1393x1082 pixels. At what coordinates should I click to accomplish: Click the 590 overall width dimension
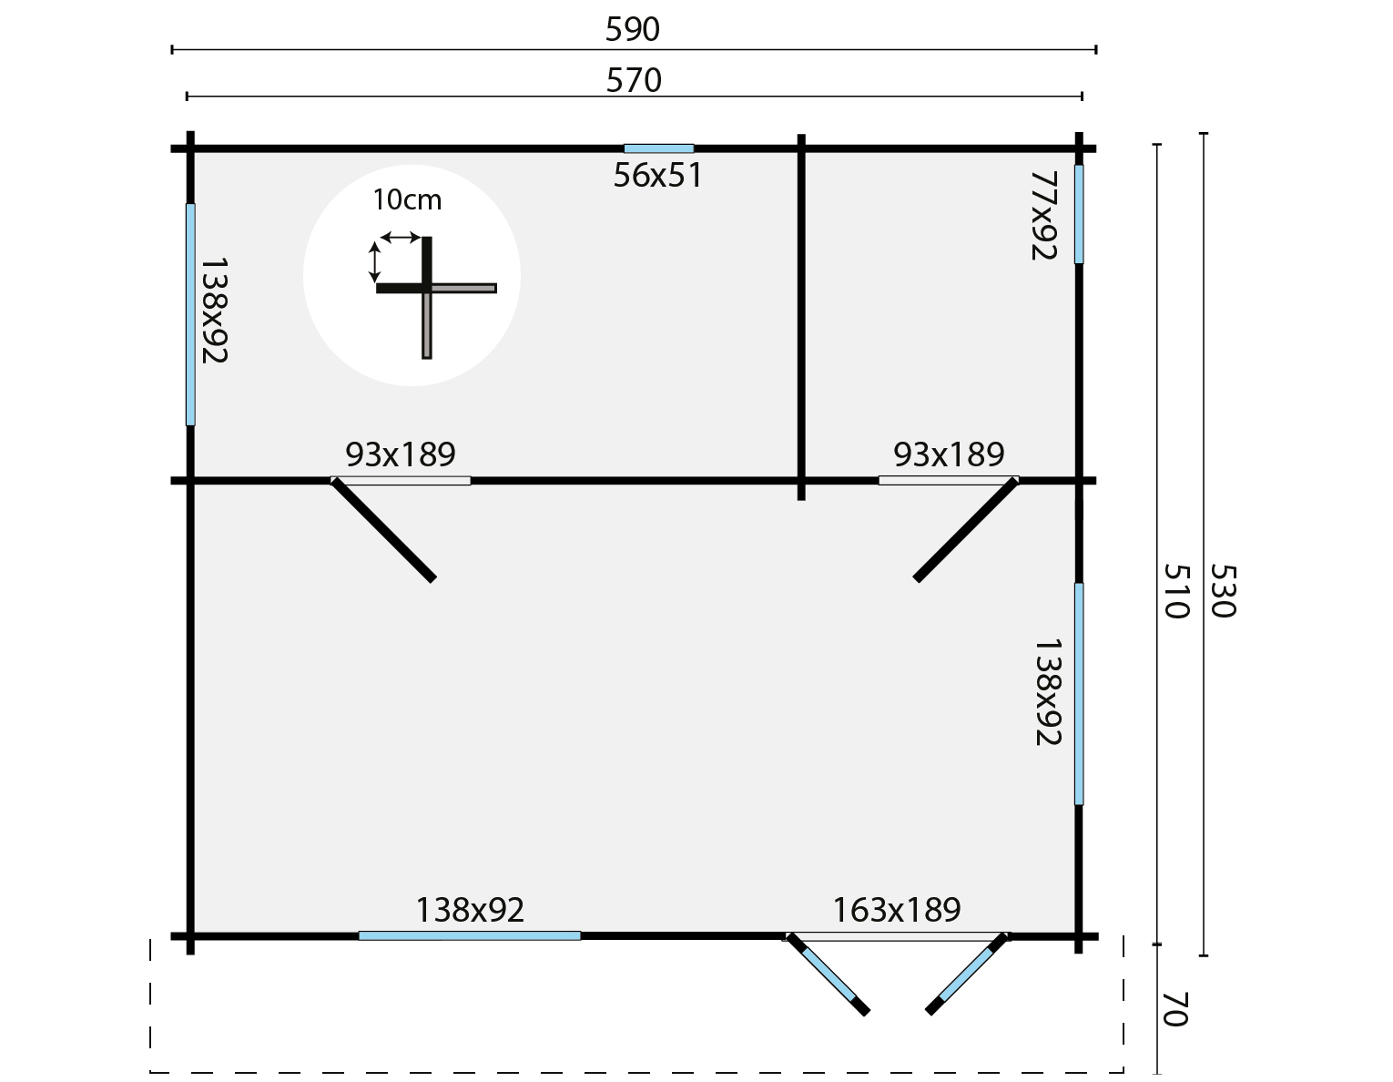pos(632,29)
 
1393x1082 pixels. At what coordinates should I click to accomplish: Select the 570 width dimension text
pos(634,80)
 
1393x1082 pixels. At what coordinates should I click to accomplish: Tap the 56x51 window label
pos(657,175)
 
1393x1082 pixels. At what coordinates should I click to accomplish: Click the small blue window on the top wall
pos(658,148)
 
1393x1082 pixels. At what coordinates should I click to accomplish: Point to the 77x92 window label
pos(1043,215)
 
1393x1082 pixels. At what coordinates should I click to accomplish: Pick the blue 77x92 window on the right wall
pos(1079,213)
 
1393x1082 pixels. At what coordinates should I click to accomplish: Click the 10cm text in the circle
pos(407,199)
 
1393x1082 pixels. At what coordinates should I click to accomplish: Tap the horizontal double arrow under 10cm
pos(400,238)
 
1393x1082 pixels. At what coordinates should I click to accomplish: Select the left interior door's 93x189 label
pos(400,454)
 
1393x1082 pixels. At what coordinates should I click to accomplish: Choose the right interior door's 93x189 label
pos(949,454)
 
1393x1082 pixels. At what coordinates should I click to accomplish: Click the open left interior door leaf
pos(383,529)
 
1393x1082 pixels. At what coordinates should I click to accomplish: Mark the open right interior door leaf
pos(966,529)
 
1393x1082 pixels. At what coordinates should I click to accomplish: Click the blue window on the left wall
pos(190,313)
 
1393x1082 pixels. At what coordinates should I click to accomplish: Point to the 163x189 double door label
pos(897,909)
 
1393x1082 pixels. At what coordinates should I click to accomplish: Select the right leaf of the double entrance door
pos(967,974)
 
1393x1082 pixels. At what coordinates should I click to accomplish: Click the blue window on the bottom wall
pos(470,935)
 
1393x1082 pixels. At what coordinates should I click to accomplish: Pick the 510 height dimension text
pos(1176,591)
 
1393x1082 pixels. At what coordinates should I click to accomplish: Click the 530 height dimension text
pos(1222,591)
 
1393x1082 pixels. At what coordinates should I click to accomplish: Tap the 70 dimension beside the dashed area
pos(1174,1009)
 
